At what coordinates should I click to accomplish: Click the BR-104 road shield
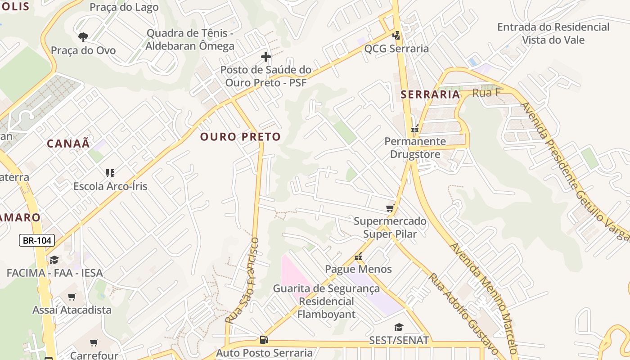point(37,241)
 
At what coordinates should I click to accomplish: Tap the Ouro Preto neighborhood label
point(240,137)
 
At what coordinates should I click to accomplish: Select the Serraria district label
point(430,94)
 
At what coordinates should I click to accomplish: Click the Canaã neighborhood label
point(68,144)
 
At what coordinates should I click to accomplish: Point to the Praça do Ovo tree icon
point(83,37)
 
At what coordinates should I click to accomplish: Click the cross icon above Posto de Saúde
point(266,57)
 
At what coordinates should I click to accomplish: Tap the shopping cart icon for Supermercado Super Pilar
point(390,208)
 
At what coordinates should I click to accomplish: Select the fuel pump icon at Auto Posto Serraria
point(264,340)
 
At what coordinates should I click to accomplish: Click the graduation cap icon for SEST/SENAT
point(399,327)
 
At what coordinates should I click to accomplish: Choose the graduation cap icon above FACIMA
point(54,260)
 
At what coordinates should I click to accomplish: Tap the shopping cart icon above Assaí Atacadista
point(72,297)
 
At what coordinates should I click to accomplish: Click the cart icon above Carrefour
point(94,343)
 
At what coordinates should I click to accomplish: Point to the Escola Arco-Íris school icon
point(110,173)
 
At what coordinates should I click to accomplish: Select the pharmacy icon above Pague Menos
point(358,257)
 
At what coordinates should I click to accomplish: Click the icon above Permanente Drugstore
point(415,129)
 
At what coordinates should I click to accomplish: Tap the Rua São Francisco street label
point(243,280)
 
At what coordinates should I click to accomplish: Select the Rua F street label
point(486,93)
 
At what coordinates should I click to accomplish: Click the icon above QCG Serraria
point(396,35)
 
